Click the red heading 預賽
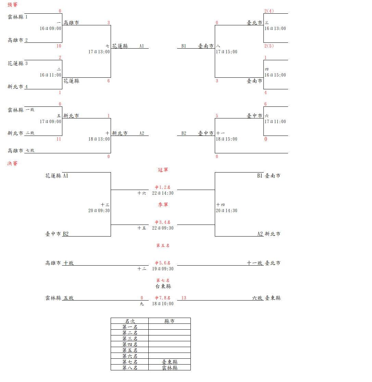pos(12,5)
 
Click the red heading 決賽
pos(12,164)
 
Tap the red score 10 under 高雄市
pos(59,46)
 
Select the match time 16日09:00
pos(50,28)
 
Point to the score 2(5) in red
pos(269,46)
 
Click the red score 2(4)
pos(269,11)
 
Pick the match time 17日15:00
pos(226,52)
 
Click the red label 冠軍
pos(163,170)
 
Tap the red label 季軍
pos(163,205)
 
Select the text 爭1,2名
pos(163,187)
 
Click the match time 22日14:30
pos(163,193)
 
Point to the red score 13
pos(184,298)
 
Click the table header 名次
pos(130,321)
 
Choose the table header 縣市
pos(170,321)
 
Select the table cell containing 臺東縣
pos(170,362)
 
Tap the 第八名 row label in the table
pos(130,368)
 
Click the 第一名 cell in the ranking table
pos(130,327)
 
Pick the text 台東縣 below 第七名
pos(163,286)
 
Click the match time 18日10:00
pos(163,304)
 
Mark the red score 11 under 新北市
pos(59,139)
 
